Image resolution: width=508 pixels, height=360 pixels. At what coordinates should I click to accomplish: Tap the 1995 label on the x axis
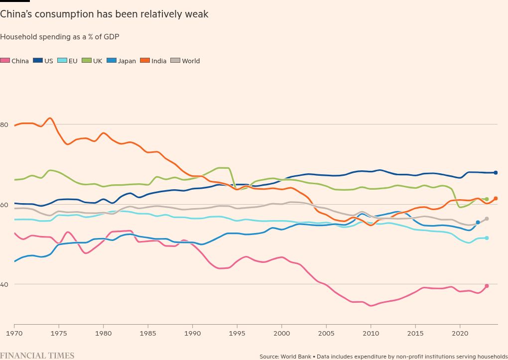pos(237,332)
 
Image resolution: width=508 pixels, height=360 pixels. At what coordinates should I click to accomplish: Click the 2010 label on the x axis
pos(371,332)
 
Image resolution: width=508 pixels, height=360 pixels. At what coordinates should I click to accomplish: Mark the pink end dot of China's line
pos(487,286)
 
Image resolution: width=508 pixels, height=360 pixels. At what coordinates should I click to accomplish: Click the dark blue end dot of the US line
pos(496,173)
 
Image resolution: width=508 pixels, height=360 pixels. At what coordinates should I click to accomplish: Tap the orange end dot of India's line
pos(496,199)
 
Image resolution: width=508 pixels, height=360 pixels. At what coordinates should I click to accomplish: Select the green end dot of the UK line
pos(487,199)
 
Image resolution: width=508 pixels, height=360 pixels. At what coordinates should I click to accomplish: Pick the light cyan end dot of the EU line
pos(487,238)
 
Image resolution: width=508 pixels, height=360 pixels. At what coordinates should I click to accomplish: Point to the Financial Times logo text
pos(37,356)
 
